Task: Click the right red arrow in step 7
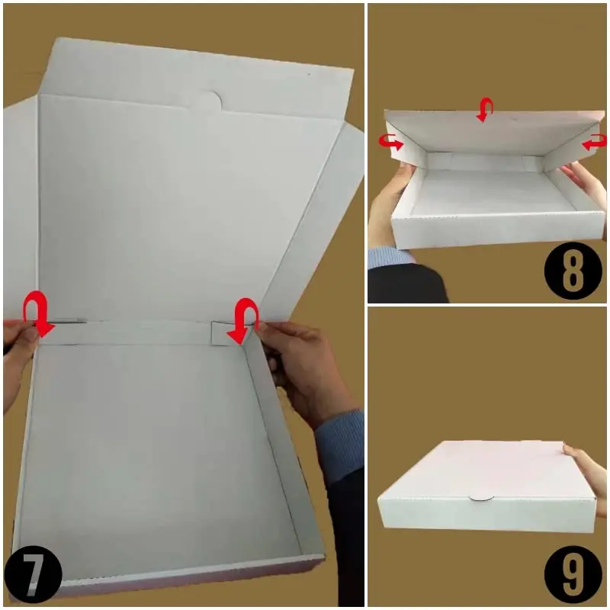pyautogui.click(x=244, y=320)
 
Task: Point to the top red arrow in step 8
pyautogui.click(x=483, y=110)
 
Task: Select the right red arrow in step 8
pyautogui.click(x=594, y=143)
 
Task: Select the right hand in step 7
pyautogui.click(x=305, y=366)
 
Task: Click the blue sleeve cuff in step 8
pyautogui.click(x=389, y=255)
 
